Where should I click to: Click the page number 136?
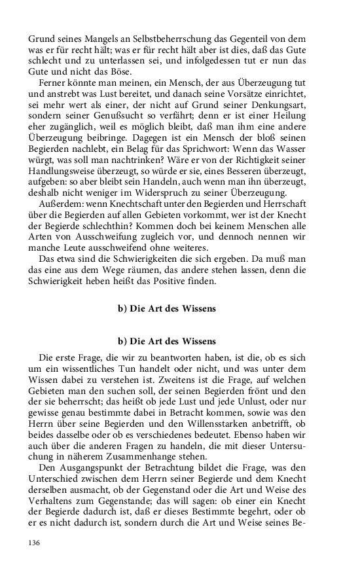click(35, 543)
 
